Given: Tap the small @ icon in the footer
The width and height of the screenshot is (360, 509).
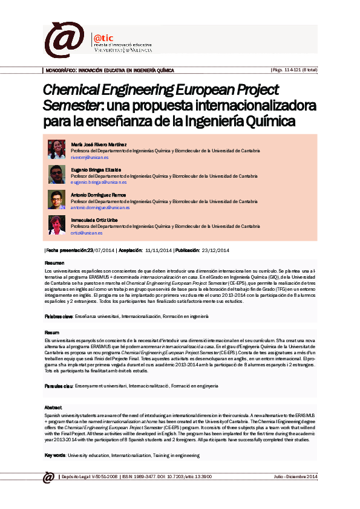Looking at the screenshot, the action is click(x=48, y=478).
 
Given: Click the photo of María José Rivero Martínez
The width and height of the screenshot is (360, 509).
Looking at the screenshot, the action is click(x=57, y=149).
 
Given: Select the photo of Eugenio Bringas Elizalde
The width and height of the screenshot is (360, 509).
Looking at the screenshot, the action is click(x=57, y=174).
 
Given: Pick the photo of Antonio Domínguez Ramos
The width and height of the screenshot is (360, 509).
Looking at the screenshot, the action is click(x=57, y=199).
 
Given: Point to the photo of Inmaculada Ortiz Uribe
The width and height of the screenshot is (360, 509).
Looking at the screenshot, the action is click(x=57, y=225).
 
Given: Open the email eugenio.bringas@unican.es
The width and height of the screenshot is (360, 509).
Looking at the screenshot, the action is click(x=99, y=182).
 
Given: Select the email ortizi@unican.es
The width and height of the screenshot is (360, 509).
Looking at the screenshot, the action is click(x=83, y=233).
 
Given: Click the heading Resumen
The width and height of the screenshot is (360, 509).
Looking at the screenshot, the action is click(x=54, y=264).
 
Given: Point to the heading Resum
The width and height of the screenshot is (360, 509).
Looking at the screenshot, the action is click(x=52, y=333).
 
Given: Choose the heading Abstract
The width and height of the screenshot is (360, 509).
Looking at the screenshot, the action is click(x=54, y=407).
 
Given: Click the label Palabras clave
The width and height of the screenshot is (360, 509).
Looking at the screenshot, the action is click(x=59, y=316).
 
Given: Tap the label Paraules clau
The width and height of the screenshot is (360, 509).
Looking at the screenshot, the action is click(x=58, y=385).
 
